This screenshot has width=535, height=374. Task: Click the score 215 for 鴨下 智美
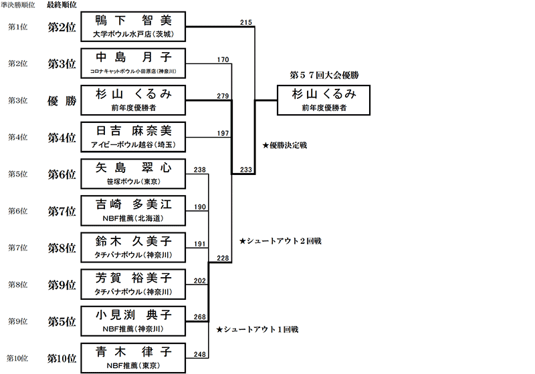coord(245,23)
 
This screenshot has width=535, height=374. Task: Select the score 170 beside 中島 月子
coord(223,60)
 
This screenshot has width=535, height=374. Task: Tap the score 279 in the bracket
coord(223,96)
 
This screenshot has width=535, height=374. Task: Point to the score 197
coord(223,134)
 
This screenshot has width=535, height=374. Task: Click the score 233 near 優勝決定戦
coord(245,170)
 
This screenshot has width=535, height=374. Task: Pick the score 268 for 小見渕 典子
coord(199,317)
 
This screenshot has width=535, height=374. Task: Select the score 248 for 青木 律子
coord(199,354)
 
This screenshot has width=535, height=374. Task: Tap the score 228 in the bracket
coord(223,258)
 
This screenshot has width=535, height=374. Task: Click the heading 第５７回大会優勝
coord(324,75)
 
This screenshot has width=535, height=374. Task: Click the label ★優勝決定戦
coord(285,144)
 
